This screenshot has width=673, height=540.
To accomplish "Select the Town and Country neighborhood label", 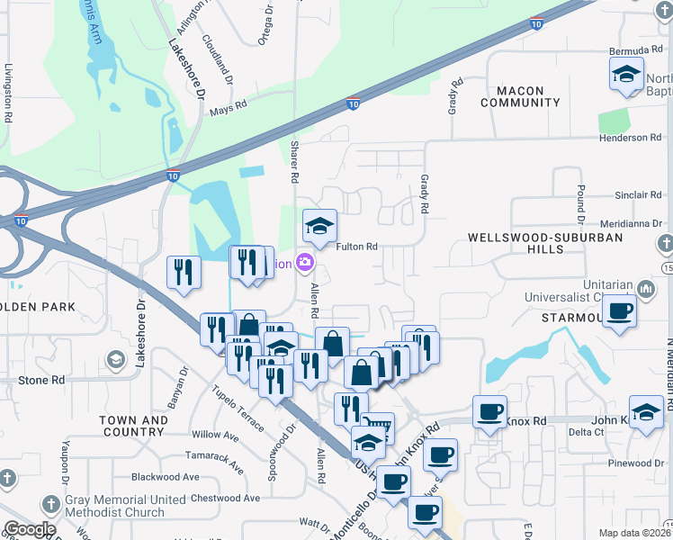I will pyautogui.click(x=133, y=427).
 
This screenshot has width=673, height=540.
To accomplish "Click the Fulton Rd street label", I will pyautogui.click(x=355, y=247).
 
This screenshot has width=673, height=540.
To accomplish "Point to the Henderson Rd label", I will pyautogui.click(x=630, y=138).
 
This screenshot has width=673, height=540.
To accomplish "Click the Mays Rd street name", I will pyautogui.click(x=228, y=112).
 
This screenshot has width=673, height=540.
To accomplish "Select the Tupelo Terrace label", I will pyautogui.click(x=238, y=407).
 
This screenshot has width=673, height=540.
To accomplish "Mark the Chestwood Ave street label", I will pyautogui.click(x=213, y=498).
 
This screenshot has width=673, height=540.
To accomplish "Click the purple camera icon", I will pyautogui.click(x=305, y=263).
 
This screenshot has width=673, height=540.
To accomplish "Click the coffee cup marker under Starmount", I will pyautogui.click(x=617, y=312).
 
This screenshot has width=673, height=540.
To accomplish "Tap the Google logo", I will pyautogui.click(x=29, y=529).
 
